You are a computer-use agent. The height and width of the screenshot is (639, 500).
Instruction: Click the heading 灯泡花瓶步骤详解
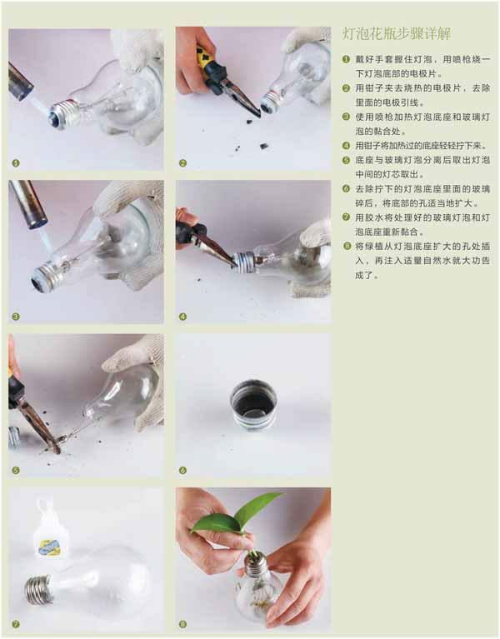[397, 34]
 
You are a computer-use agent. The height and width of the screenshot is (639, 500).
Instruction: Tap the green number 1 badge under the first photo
[16, 163]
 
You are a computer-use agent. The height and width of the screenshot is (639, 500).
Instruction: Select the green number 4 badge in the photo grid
[183, 317]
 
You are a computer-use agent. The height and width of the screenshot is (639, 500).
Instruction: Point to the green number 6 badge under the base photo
[183, 470]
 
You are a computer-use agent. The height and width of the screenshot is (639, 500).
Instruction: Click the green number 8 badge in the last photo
[183, 624]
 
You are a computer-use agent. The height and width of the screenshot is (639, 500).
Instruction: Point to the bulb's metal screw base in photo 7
[39, 590]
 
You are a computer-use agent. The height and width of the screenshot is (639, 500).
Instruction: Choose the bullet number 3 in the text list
[347, 117]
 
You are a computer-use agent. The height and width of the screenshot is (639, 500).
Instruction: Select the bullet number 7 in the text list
[347, 217]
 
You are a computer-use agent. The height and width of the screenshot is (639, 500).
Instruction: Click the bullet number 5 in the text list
[347, 160]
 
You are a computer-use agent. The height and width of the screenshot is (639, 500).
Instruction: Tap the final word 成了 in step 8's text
[364, 275]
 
